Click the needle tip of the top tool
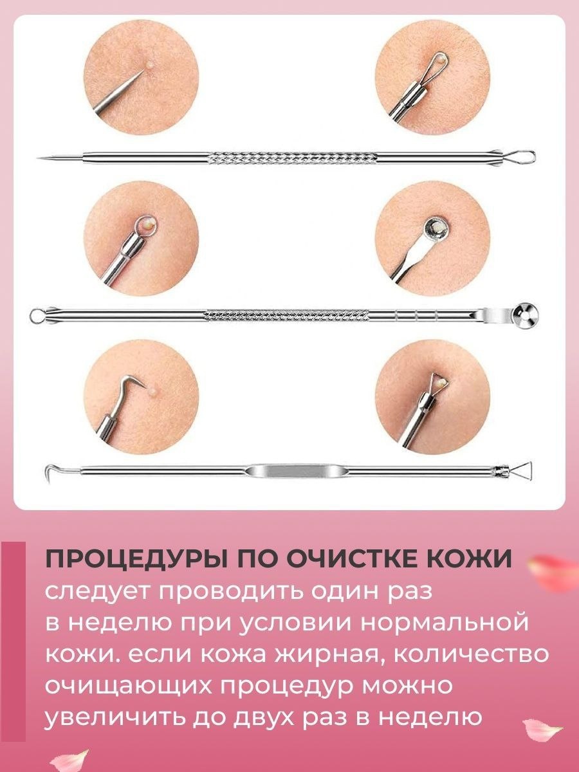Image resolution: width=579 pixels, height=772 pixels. coord(37,157)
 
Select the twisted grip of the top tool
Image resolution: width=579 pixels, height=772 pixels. coord(293,158)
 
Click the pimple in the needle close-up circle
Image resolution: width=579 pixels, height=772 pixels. coord(150,64)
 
